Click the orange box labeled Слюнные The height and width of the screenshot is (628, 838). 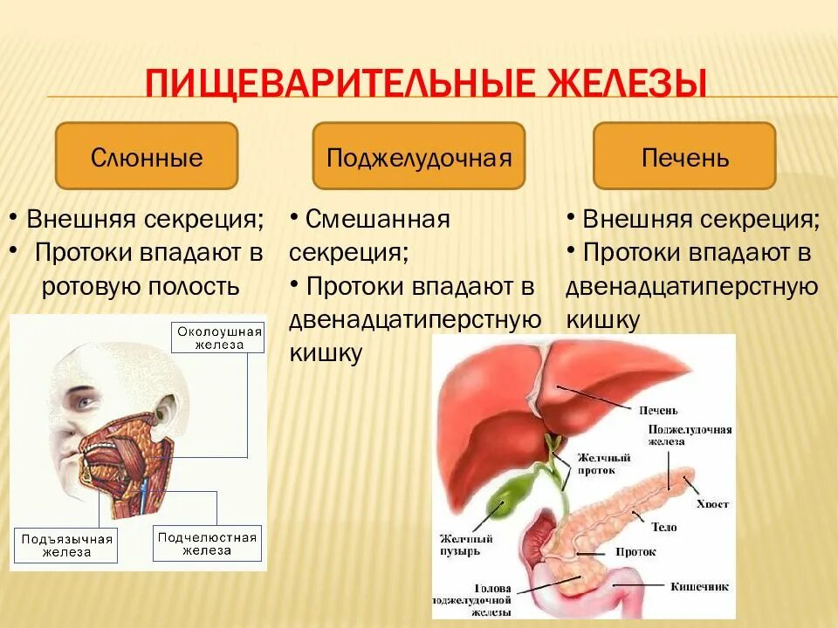(147, 156)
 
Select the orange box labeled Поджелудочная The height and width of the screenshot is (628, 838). (418, 156)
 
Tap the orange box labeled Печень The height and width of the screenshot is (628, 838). (684, 156)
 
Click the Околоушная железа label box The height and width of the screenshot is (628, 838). (220, 338)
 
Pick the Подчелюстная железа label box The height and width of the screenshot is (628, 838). (207, 543)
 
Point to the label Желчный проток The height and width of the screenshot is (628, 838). (600, 462)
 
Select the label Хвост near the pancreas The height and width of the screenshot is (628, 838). (712, 504)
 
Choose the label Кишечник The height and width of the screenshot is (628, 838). (699, 586)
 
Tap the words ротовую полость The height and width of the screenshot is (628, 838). (141, 287)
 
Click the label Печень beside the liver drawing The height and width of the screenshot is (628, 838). (657, 409)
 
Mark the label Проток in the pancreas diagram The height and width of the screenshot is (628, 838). (635, 551)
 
